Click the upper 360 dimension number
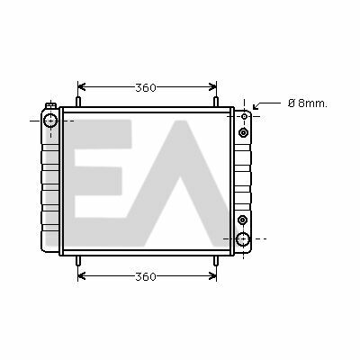pyautogui.click(x=146, y=88)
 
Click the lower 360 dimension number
pyautogui.click(x=146, y=276)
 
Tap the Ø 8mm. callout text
pyautogui.click(x=308, y=103)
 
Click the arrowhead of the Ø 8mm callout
pyautogui.click(x=256, y=107)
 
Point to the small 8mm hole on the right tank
pyautogui.click(x=245, y=116)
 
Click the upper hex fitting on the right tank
pyautogui.click(x=243, y=132)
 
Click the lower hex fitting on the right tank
pyautogui.click(x=242, y=220)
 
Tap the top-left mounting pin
pyautogui.click(x=78, y=102)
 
